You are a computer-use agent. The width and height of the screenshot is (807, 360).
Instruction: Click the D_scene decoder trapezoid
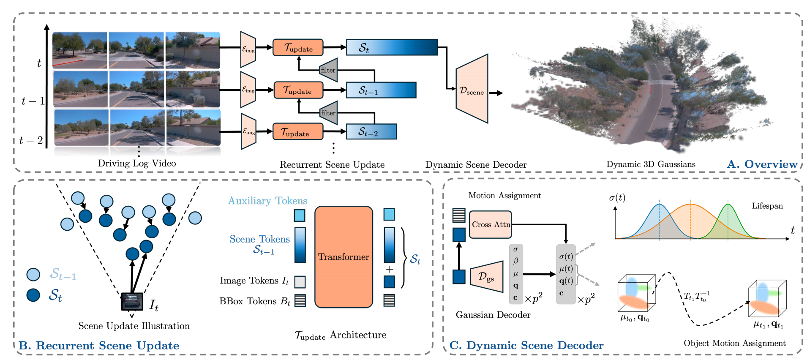coord(472,90)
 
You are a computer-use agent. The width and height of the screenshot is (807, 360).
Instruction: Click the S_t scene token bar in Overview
coord(392,47)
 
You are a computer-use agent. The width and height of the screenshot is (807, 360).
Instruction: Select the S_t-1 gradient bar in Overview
coord(381,90)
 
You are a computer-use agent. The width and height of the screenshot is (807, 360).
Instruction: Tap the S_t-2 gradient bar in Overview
coord(371,131)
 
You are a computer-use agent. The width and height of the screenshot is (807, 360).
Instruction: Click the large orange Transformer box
coord(344,256)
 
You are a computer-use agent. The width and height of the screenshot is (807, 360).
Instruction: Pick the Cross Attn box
coord(490,224)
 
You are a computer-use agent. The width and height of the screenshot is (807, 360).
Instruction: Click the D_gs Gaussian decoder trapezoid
coord(487,277)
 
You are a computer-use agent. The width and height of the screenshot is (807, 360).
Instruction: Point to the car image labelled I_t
coord(132,301)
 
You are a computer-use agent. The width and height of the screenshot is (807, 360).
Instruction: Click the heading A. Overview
coord(762,164)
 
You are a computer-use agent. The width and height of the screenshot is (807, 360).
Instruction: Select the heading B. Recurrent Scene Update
coord(99,345)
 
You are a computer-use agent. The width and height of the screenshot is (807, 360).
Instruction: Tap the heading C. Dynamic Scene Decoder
coord(526,345)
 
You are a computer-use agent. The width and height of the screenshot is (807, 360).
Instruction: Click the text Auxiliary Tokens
coord(267,201)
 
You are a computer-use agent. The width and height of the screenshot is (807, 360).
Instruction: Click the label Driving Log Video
coord(137,163)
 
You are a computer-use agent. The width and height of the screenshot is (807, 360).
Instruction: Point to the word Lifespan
coord(767,206)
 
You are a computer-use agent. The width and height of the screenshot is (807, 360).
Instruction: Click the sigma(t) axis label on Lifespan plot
coord(617,197)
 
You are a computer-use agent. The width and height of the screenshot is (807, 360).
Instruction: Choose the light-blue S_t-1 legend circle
coord(33,275)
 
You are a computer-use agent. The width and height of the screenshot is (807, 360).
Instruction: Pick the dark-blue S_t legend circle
coord(33,295)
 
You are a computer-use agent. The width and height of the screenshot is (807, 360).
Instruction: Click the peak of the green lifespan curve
coord(728,205)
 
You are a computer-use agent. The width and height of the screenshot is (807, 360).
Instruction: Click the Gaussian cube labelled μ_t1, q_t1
coord(766,299)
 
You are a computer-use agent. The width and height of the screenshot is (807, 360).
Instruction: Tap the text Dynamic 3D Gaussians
coord(651,164)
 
